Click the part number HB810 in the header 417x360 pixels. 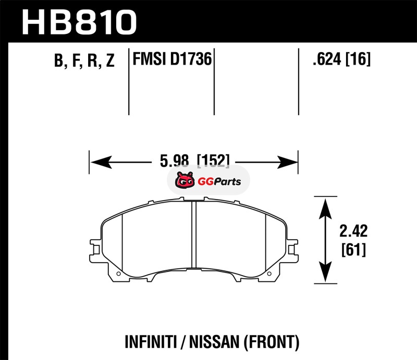coord(79,22)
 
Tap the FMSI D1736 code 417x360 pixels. coord(172,59)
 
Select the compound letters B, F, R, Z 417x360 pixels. coord(84,60)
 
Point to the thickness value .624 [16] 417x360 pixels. coord(341,59)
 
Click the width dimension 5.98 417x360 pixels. coord(175,160)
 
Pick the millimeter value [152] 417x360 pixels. coord(213,160)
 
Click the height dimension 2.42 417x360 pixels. coord(353,231)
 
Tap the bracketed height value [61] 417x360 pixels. coord(354,250)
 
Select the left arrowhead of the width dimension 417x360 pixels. coord(101,162)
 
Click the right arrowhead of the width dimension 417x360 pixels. coord(287,162)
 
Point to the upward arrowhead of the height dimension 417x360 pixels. coord(325,209)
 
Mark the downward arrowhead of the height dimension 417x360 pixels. coord(325,271)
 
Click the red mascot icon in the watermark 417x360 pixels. coord(185,180)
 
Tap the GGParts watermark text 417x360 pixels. coord(219,182)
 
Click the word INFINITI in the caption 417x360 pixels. coord(151,342)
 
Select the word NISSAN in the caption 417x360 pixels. coord(214,342)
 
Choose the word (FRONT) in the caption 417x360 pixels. coord(272,342)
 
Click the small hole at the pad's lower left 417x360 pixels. coord(119,274)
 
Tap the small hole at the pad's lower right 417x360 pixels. coord(269,274)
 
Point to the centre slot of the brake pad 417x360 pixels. coord(194,234)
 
